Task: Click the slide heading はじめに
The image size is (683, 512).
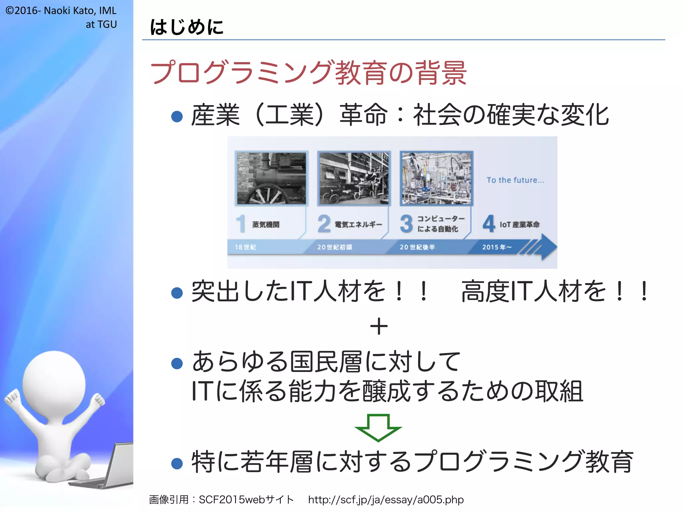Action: [x=187, y=27]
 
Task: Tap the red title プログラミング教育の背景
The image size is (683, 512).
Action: [x=308, y=73]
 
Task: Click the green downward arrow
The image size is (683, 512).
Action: [x=378, y=427]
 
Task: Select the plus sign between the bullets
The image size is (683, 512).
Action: [x=379, y=326]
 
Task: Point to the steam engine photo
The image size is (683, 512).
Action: [x=271, y=178]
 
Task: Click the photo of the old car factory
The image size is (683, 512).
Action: [x=354, y=178]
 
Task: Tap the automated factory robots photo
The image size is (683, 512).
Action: [x=436, y=178]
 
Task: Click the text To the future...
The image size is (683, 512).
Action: [x=515, y=180]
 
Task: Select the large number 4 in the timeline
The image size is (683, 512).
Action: [x=489, y=223]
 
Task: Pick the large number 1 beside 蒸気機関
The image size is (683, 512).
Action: [x=241, y=223]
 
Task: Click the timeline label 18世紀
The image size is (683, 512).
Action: [x=245, y=247]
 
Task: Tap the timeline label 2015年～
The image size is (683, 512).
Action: [x=497, y=247]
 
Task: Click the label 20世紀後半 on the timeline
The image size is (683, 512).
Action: [x=417, y=247]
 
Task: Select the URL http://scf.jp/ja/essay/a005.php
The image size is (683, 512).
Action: [x=386, y=500]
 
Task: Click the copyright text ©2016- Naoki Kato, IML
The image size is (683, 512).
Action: [x=61, y=11]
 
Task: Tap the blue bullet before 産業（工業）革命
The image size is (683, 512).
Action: [x=177, y=116]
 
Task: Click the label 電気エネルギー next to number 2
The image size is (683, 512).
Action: [x=358, y=225]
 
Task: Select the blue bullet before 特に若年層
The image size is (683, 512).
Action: [x=177, y=463]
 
